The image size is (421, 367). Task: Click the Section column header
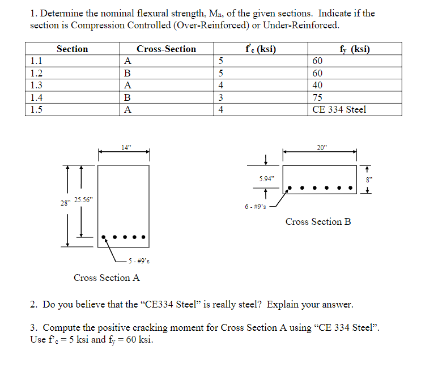[x=72, y=49]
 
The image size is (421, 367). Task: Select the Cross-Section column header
[x=166, y=49]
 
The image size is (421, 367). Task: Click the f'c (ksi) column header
[x=261, y=49]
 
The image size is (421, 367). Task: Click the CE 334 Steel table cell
[x=339, y=109]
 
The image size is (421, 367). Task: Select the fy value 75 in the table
[x=317, y=97]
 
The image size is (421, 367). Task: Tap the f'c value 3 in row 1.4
[x=220, y=97]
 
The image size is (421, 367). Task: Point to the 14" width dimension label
[x=125, y=148]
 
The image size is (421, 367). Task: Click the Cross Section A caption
[x=107, y=278]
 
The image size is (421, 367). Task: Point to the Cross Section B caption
[x=318, y=221]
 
